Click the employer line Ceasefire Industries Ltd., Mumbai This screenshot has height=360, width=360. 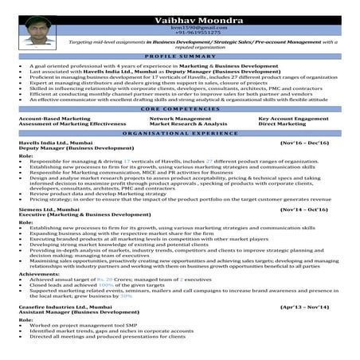click(65, 306)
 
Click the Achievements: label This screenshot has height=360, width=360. click(38, 273)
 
